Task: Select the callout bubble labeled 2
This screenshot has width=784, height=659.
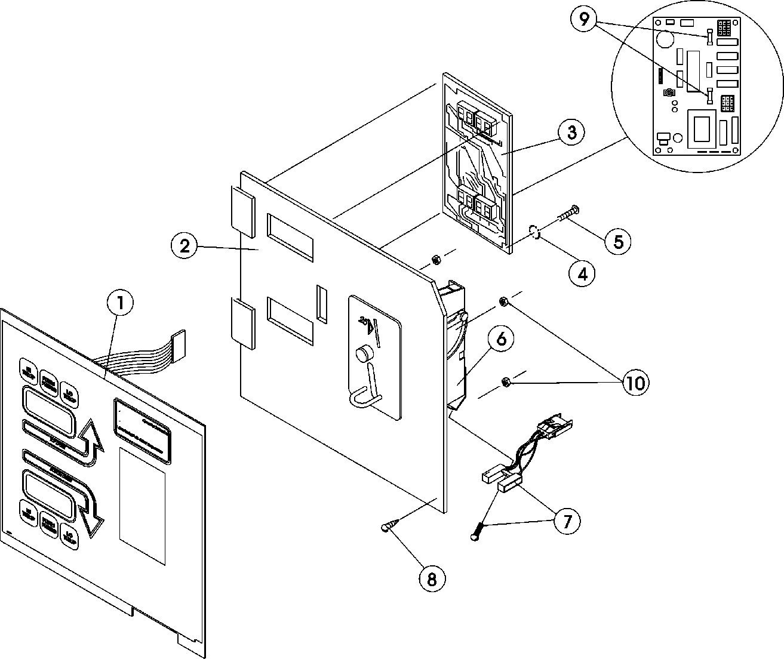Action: point(185,246)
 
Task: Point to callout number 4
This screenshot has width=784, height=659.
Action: point(582,273)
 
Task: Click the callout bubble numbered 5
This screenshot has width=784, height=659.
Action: point(617,241)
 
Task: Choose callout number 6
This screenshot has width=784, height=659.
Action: point(501,339)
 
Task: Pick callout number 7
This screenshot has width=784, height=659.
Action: point(566,521)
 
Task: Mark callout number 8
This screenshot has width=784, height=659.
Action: point(432,578)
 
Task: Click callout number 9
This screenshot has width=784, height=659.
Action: point(584,20)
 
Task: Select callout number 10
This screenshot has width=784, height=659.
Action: point(635,383)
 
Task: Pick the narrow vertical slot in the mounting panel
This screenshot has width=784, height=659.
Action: point(322,304)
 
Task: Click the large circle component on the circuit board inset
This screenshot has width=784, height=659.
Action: point(663,41)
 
